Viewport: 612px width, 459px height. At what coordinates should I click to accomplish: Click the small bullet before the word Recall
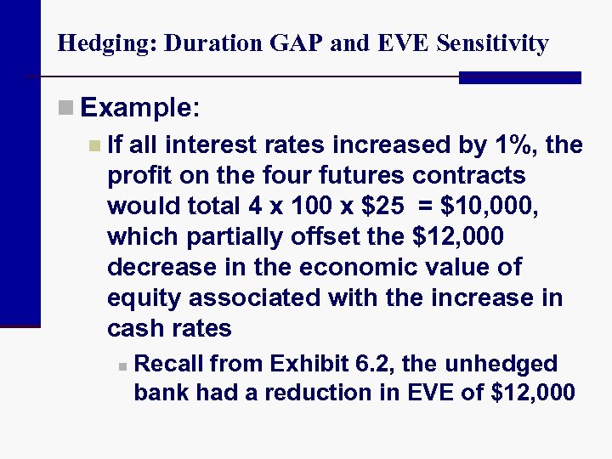coord(122,366)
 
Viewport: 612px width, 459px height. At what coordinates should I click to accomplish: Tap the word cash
coord(135,328)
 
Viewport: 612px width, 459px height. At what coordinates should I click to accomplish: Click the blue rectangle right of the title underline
coord(519,77)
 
